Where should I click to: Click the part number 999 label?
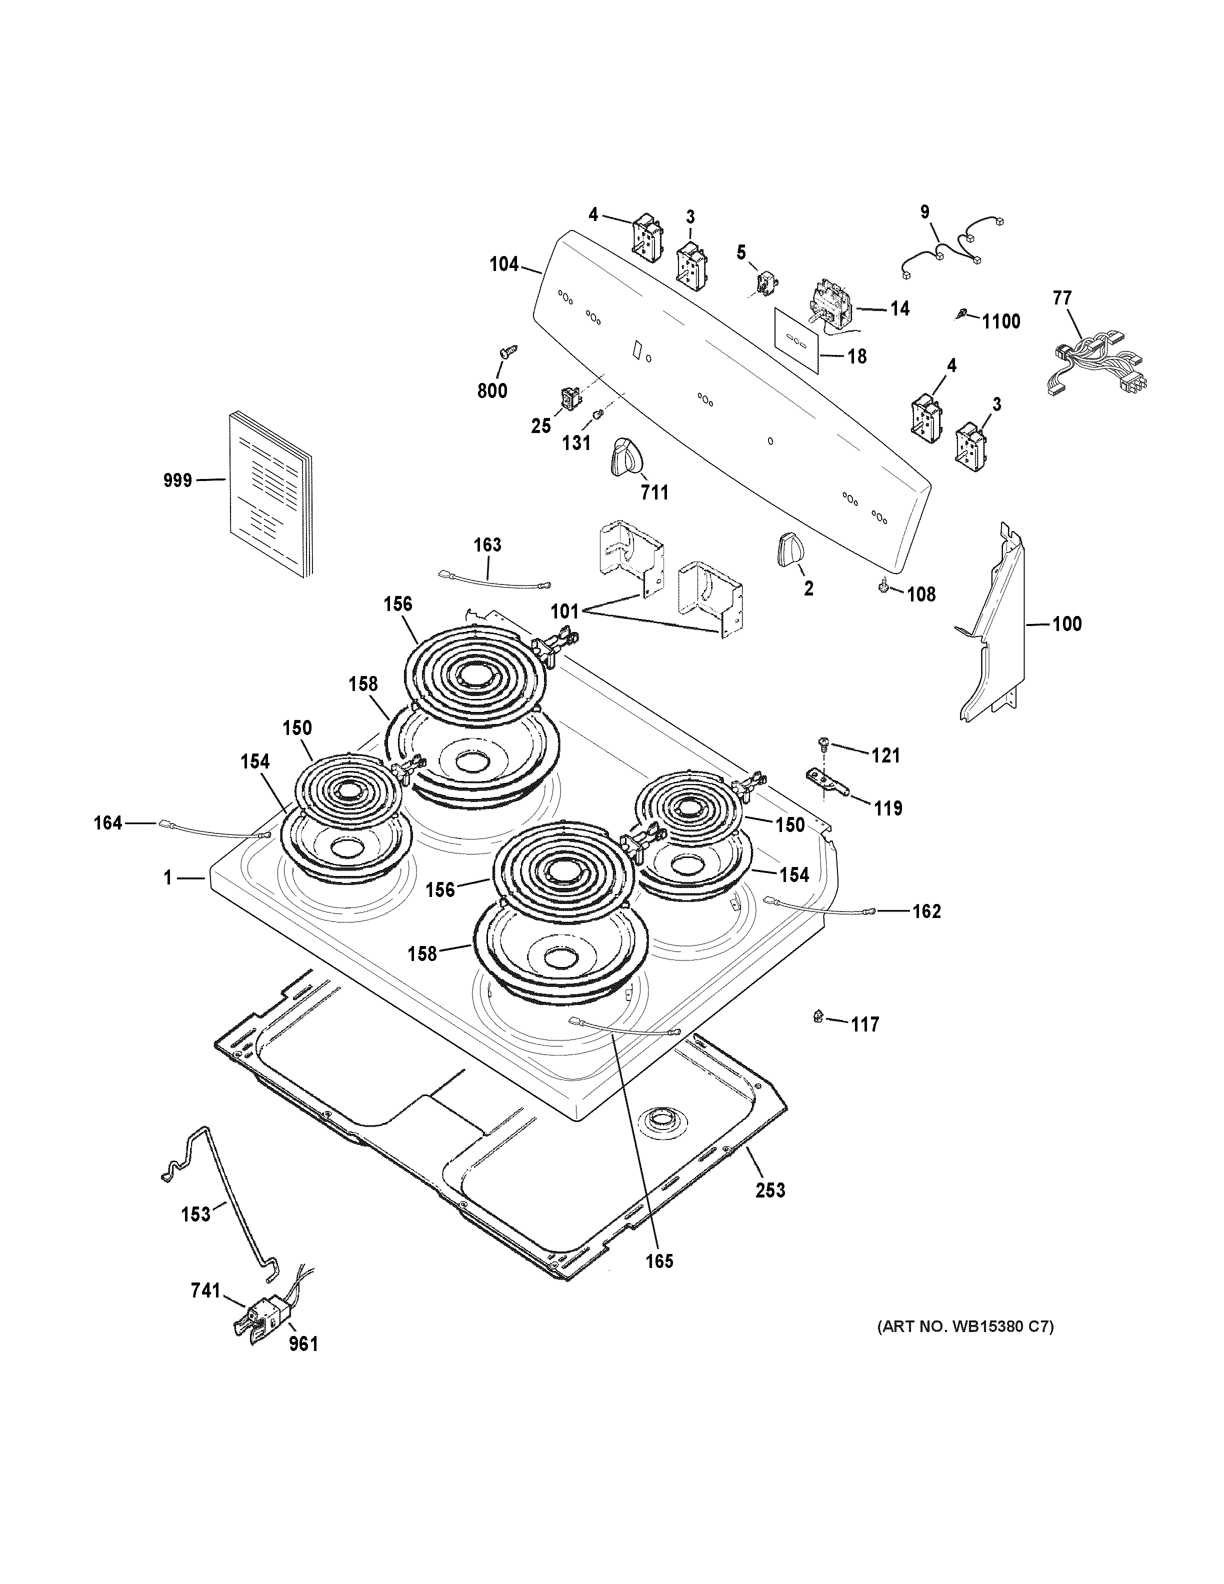click(x=177, y=480)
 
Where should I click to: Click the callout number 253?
click(x=770, y=1189)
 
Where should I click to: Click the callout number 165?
click(x=660, y=1261)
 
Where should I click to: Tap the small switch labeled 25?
click(x=568, y=396)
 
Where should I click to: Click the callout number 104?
click(x=504, y=264)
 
